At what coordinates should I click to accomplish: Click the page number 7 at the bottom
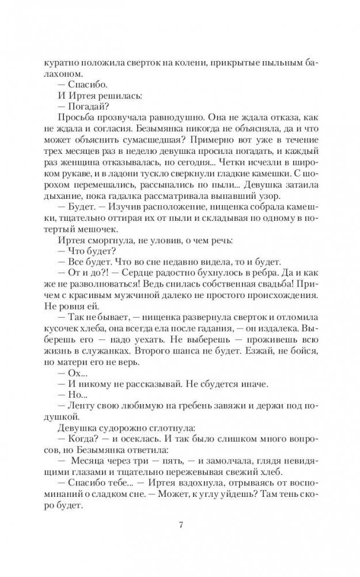tap(181, 525)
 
